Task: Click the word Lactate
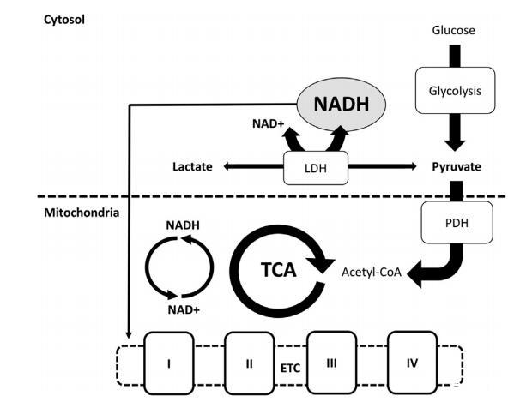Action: click(x=191, y=166)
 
